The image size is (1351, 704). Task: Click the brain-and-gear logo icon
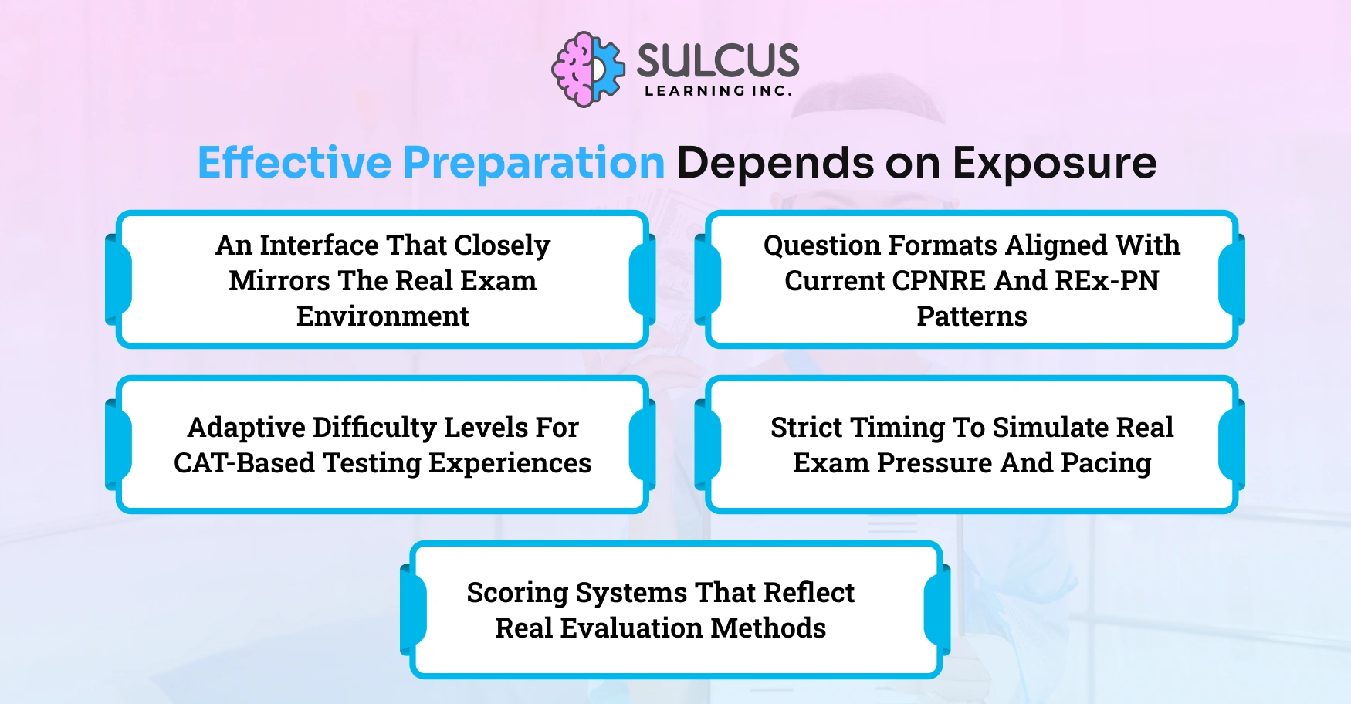coord(587,69)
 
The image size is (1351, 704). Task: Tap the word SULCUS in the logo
coord(717,61)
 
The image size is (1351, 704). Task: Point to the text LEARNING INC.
coord(718,91)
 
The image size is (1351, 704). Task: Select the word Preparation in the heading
coord(533,163)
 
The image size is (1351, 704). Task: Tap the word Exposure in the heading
coord(1054,163)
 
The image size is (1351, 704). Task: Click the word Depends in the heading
coord(775,163)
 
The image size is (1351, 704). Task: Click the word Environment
coord(382,316)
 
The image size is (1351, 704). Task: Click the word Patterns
coord(971,316)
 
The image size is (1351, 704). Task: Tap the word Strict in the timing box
coord(806,428)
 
